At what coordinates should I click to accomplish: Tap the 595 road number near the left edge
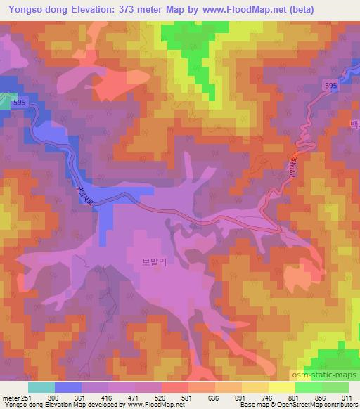[20, 103]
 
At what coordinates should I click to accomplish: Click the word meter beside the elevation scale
[8, 396]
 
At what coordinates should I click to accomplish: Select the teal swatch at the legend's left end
[41, 387]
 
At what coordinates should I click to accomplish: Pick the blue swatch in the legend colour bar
[68, 387]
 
